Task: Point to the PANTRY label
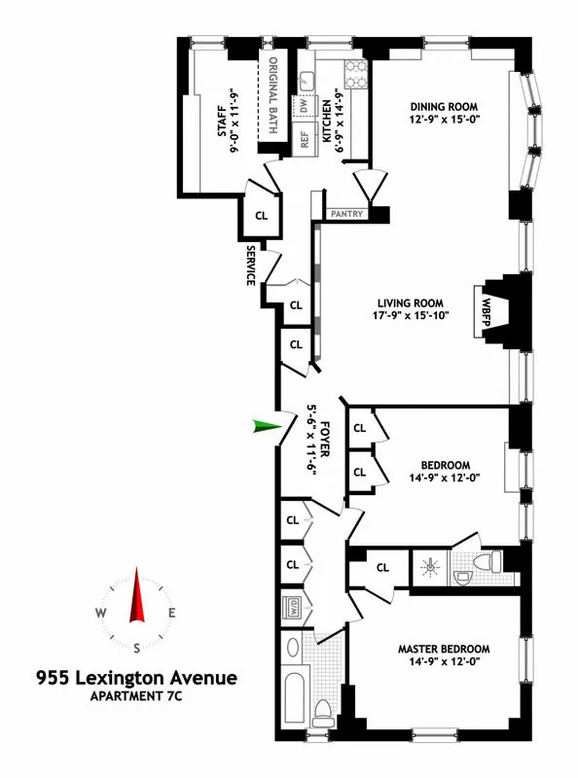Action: pos(347,213)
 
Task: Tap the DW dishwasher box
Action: pos(303,104)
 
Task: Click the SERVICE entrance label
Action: pos(250,265)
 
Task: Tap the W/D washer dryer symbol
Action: pos(291,608)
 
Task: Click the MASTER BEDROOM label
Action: pos(443,649)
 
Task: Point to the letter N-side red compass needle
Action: pos(137,595)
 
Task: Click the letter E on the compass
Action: pos(171,613)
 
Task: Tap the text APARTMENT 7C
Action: pos(136,695)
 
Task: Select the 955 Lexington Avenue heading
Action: pos(136,676)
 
